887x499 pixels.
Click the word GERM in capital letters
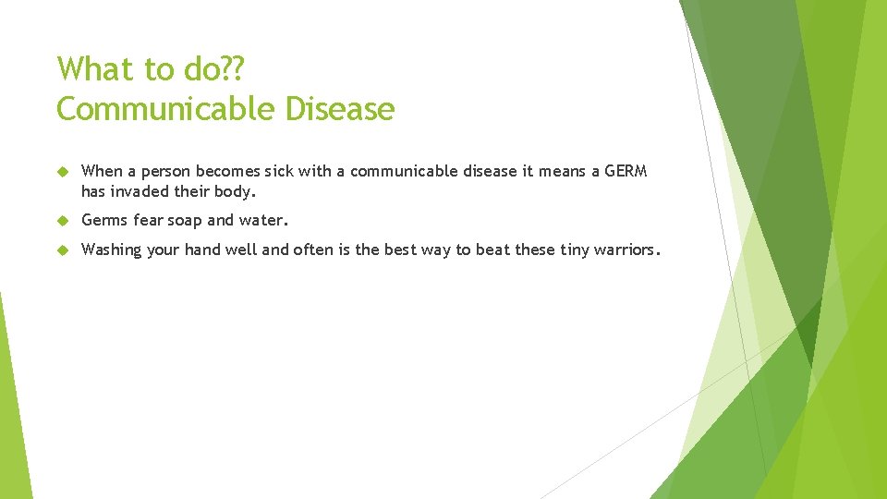point(626,171)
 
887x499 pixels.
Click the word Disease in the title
point(339,109)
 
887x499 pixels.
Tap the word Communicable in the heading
point(166,109)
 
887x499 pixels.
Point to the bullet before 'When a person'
point(63,172)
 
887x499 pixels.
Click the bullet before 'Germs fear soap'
point(63,221)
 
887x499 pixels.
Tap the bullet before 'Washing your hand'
point(63,249)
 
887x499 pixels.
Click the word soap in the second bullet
point(184,221)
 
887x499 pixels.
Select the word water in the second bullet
point(264,221)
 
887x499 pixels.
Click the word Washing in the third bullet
point(110,250)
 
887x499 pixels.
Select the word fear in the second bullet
point(148,221)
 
